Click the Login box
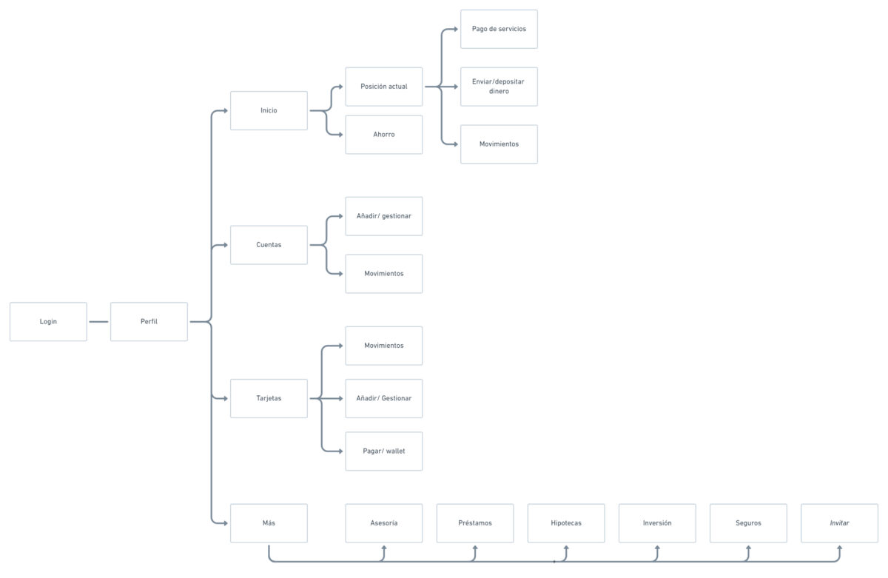[48, 321]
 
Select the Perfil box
[149, 321]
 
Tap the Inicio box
[269, 110]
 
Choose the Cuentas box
[269, 245]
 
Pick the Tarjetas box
[269, 398]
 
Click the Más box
[269, 523]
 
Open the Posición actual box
[384, 87]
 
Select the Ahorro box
[384, 135]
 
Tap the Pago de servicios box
[499, 29]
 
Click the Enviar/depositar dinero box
[499, 87]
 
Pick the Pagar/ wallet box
[384, 451]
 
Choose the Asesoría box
[384, 523]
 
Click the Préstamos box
[475, 523]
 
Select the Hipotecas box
[566, 523]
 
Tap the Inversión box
[657, 523]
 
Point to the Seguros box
[748, 523]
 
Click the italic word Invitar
[839, 523]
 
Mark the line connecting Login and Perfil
[98, 321]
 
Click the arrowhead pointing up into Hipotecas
[566, 548]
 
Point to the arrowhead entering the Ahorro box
[340, 135]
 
